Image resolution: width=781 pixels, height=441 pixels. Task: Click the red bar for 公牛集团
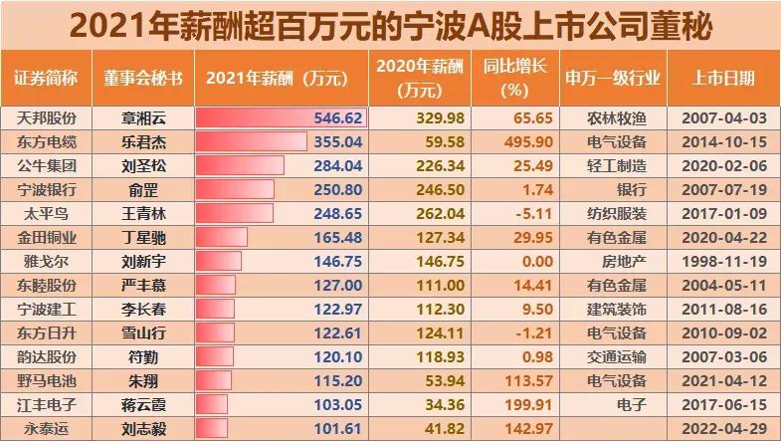pyautogui.click(x=240, y=165)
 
